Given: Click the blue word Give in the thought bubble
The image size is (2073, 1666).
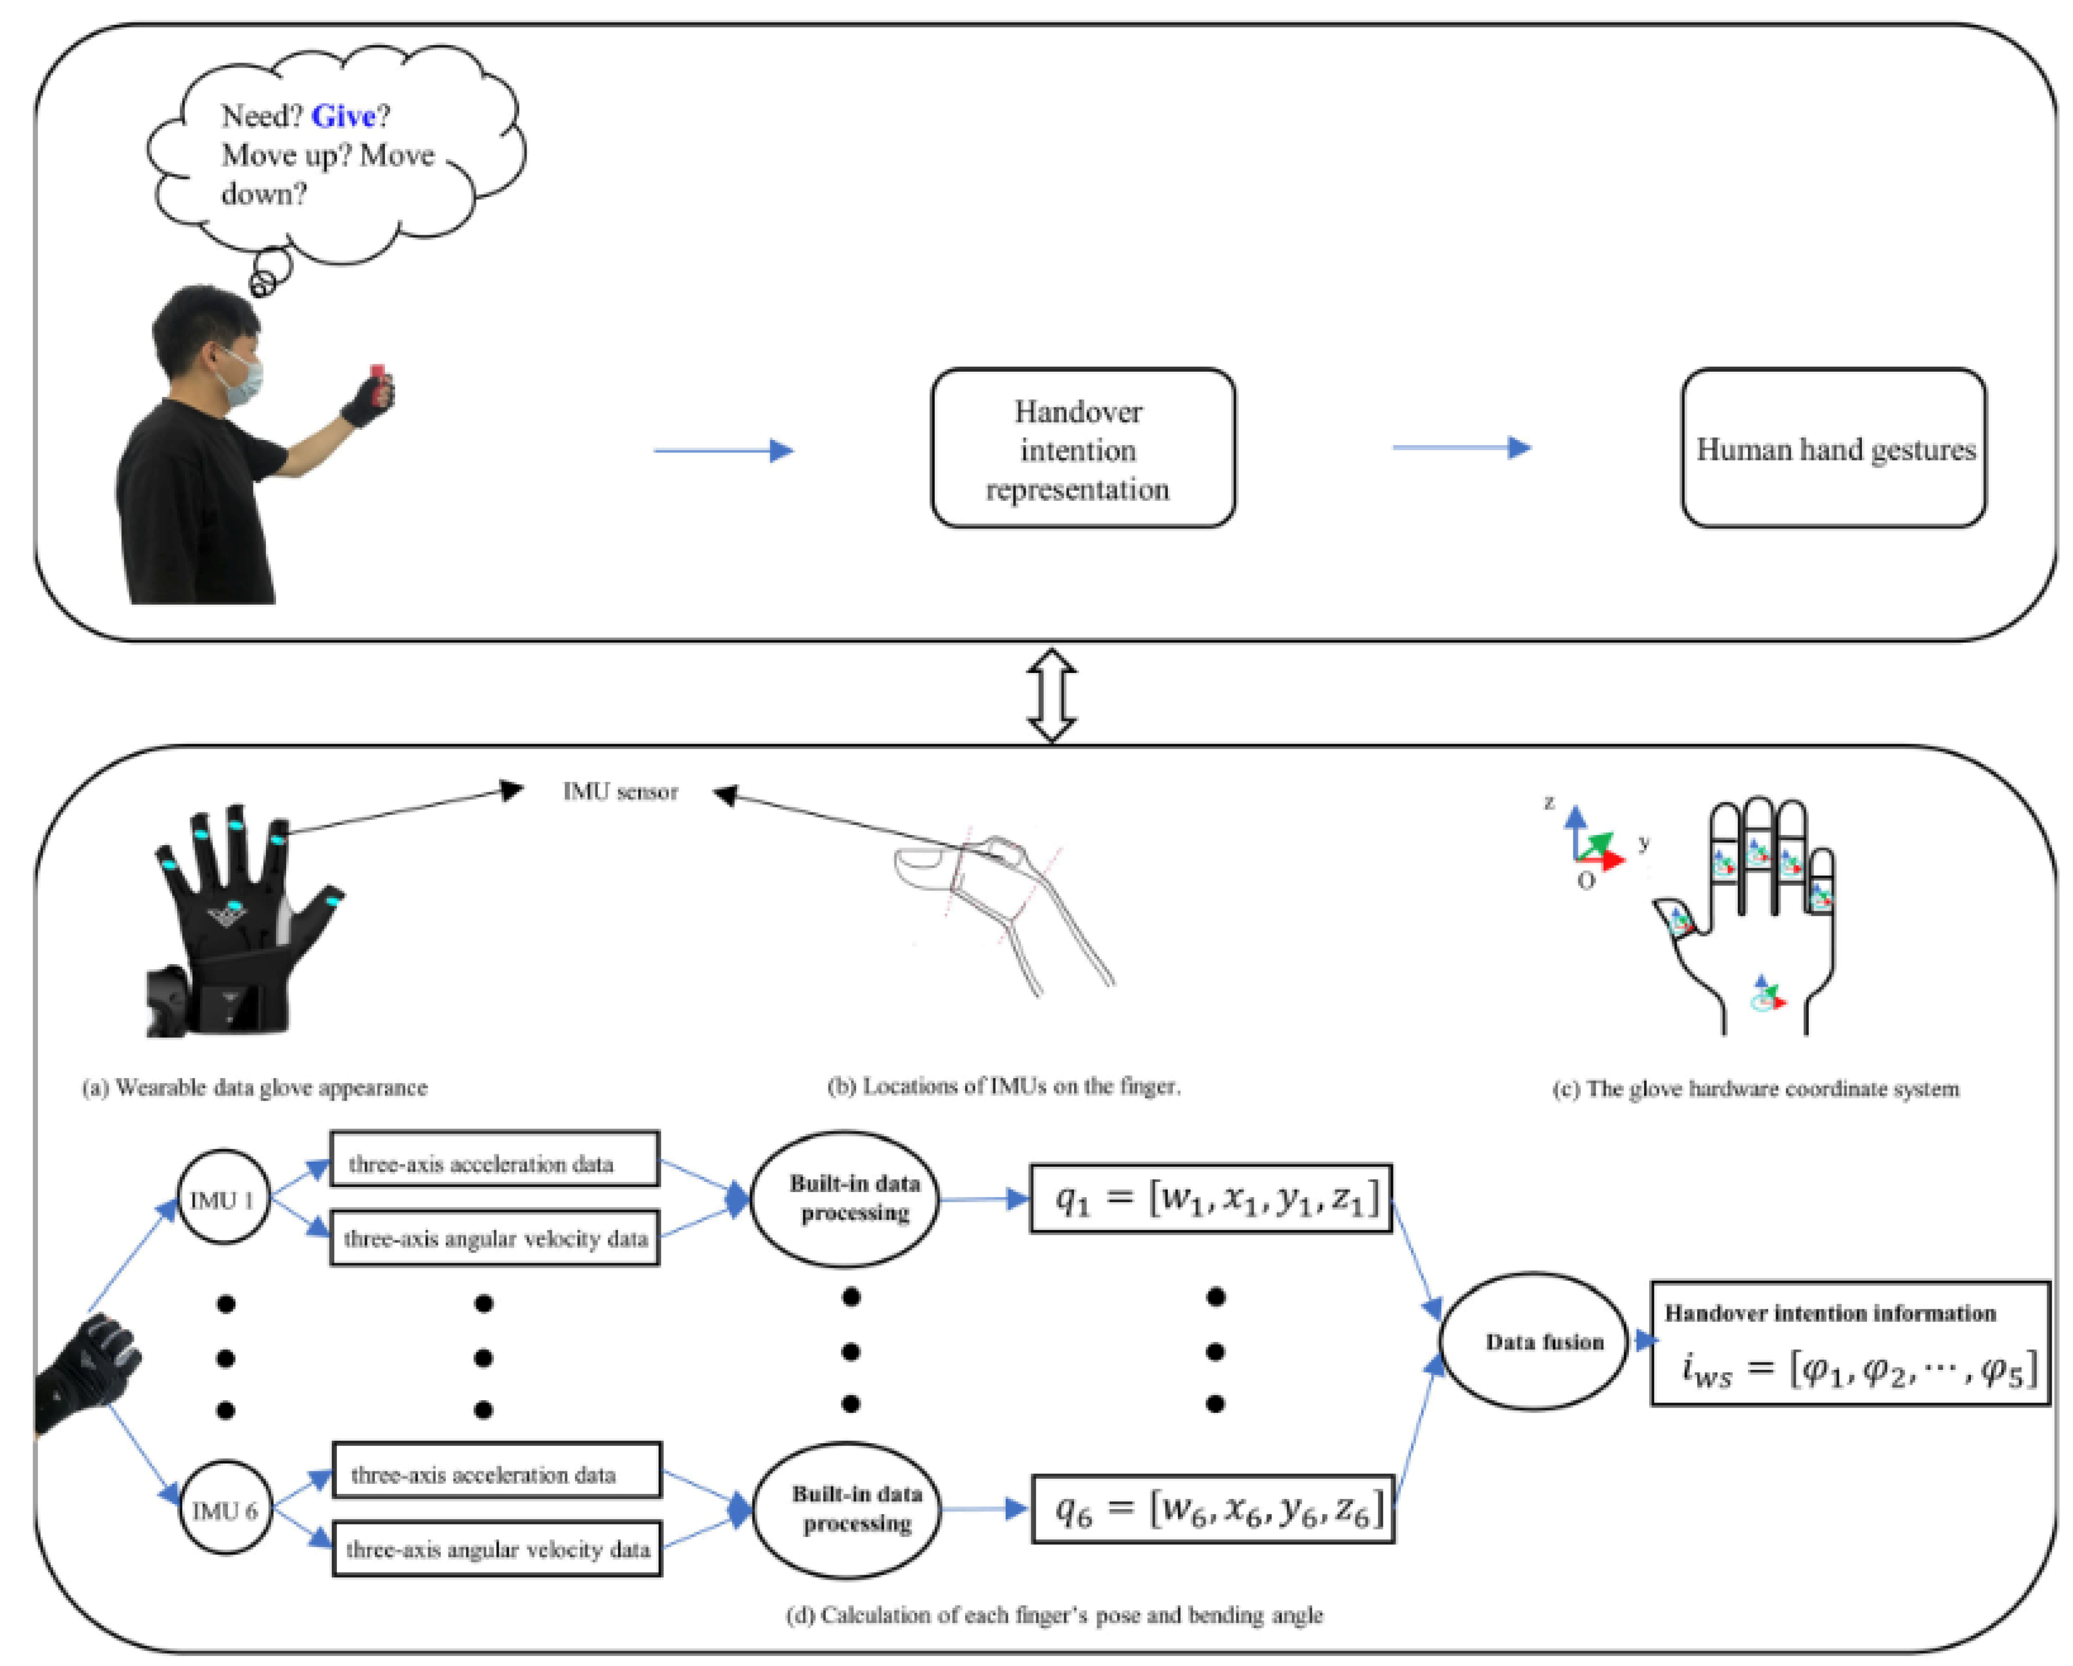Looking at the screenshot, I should (x=343, y=116).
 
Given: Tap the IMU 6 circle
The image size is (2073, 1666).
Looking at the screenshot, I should (x=225, y=1510).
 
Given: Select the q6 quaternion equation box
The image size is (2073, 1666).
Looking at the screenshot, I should (x=1212, y=1509).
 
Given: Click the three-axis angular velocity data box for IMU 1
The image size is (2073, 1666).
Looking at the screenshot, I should (x=495, y=1238).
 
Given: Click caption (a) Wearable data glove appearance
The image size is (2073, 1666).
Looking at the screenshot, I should (x=255, y=1087).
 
